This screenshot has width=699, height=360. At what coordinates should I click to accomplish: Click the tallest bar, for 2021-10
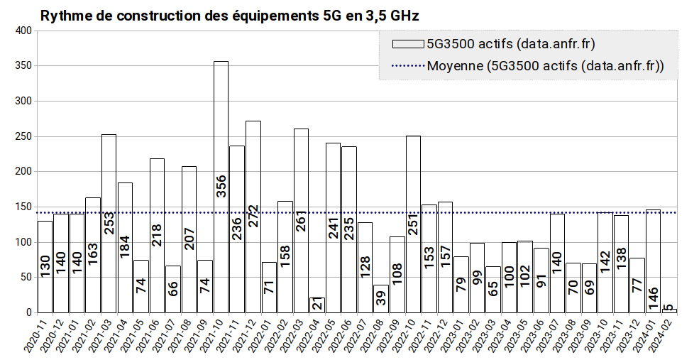pos(221,187)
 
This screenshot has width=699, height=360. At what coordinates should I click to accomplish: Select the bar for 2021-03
pos(109,224)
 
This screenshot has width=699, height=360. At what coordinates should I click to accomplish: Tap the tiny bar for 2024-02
pos(670,311)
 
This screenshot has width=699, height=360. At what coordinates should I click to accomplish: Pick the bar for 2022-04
pos(317,305)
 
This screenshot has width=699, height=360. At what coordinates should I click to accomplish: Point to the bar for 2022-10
pos(413,224)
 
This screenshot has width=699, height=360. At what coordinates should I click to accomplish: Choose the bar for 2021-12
pos(253,217)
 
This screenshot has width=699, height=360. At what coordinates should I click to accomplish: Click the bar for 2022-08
pos(381,299)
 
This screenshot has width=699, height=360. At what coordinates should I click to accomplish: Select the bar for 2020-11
pos(45,267)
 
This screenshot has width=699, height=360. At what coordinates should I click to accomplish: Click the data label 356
pos(221,186)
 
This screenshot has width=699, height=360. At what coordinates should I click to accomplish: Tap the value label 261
pos(302,220)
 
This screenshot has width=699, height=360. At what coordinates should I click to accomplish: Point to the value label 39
pos(381,298)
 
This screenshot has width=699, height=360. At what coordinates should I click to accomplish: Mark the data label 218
pos(157,235)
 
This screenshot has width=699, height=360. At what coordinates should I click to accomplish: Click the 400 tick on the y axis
pos(23,31)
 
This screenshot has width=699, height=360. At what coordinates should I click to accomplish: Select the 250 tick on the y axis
pos(23,136)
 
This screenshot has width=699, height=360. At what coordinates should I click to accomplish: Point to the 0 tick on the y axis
pos(29,312)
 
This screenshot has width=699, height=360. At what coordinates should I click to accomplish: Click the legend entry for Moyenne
pos(528,66)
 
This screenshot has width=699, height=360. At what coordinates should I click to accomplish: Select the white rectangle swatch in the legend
pos(408,44)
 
